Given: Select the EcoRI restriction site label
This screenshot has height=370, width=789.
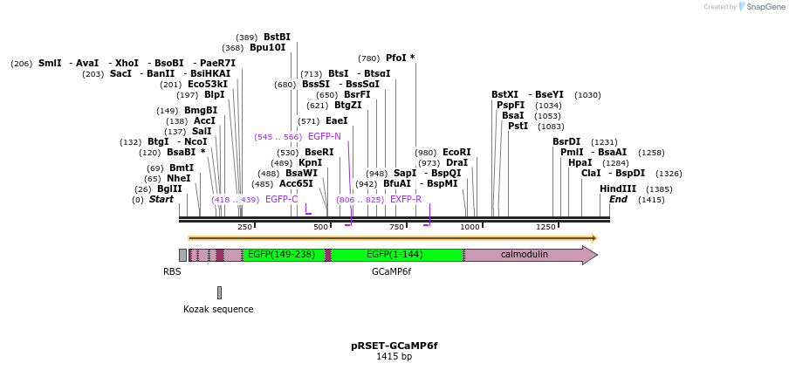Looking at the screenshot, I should pyautogui.click(x=456, y=152).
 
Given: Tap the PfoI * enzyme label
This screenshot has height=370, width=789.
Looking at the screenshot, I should pyautogui.click(x=400, y=58).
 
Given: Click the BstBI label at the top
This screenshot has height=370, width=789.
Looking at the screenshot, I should pyautogui.click(x=277, y=37).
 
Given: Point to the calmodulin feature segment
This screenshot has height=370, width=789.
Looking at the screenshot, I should pyautogui.click(x=524, y=255).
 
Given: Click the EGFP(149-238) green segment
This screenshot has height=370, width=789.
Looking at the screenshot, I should pyautogui.click(x=281, y=255).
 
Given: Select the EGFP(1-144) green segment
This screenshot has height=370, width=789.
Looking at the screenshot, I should pyautogui.click(x=394, y=255).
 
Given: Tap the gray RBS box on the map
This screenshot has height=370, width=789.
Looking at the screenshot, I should pyautogui.click(x=182, y=255).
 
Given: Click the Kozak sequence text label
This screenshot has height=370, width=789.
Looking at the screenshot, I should pyautogui.click(x=218, y=309).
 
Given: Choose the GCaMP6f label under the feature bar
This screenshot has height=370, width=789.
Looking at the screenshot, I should pyautogui.click(x=391, y=271).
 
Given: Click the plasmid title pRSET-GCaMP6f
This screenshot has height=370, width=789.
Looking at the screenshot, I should pyautogui.click(x=394, y=346).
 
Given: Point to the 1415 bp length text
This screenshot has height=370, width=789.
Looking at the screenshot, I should pyautogui.click(x=394, y=357).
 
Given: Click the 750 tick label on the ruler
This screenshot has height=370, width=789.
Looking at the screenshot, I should pyautogui.click(x=397, y=227).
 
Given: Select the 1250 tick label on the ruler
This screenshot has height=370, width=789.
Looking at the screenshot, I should pyautogui.click(x=546, y=227).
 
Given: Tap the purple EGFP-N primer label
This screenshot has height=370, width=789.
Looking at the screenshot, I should pyautogui.click(x=324, y=137).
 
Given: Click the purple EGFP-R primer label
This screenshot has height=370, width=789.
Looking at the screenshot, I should pyautogui.click(x=406, y=199).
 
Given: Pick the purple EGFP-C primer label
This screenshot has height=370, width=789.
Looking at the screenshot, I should pyautogui.click(x=282, y=199).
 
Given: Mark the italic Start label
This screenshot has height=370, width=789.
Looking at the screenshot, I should pyautogui.click(x=161, y=199).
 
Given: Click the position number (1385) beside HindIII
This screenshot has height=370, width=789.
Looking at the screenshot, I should pyautogui.click(x=660, y=189).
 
